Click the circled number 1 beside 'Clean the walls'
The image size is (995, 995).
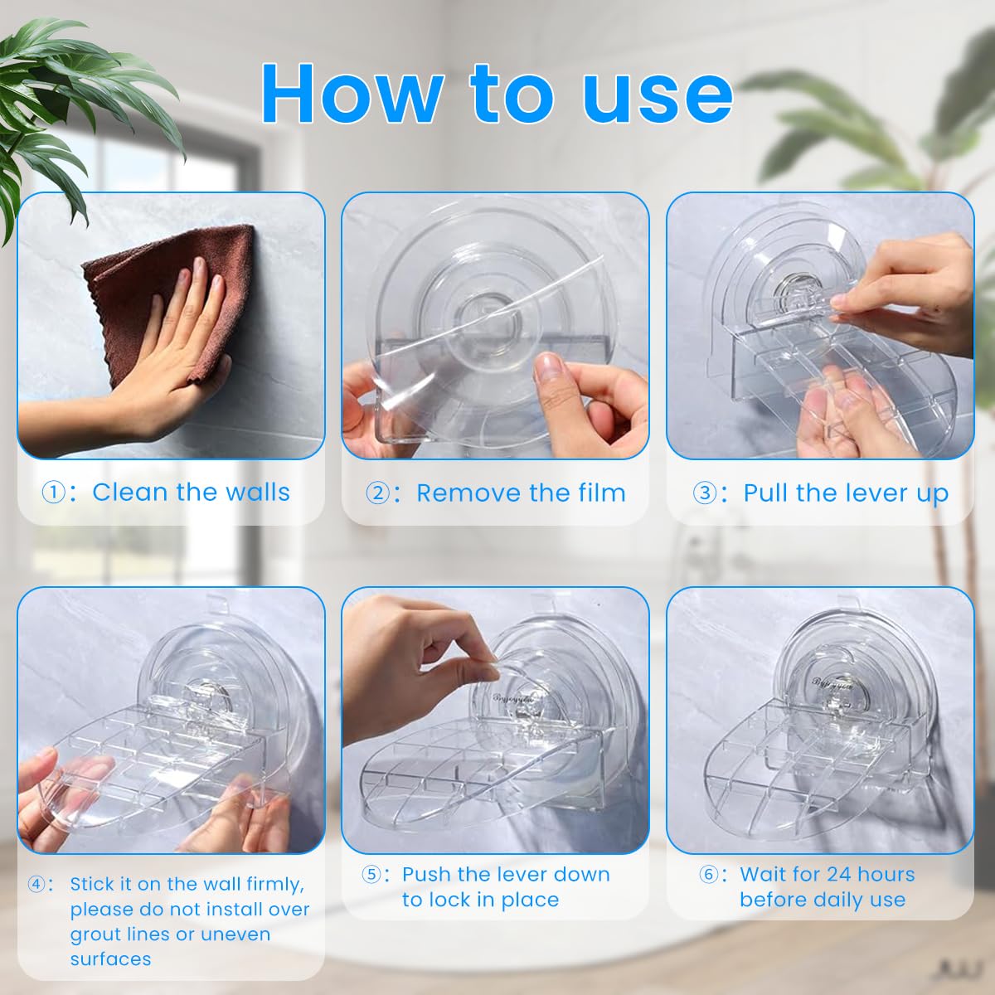tap(52, 493)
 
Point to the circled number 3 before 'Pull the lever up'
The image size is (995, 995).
tap(704, 493)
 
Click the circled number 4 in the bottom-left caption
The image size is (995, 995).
tap(37, 884)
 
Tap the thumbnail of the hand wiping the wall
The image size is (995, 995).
tap(170, 325)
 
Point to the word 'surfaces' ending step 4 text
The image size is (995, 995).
tap(110, 959)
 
